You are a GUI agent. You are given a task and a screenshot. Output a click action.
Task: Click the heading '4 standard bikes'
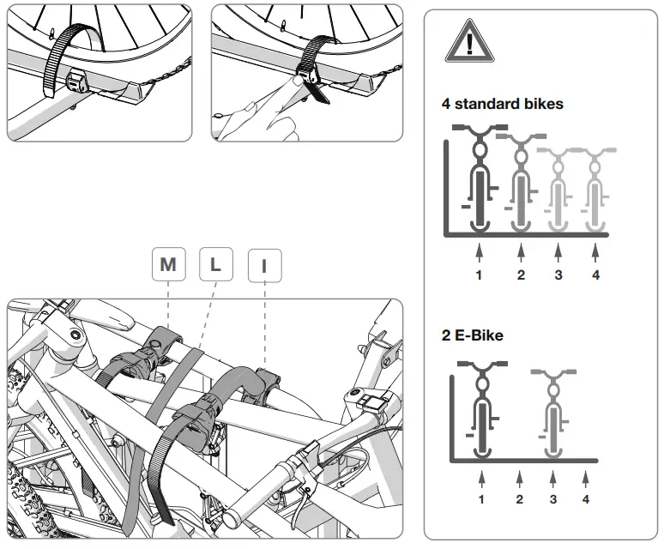pos(502,104)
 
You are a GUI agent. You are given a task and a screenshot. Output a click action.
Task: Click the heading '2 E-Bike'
pos(472,335)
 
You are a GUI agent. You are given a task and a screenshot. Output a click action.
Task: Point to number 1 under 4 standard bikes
pos(479,275)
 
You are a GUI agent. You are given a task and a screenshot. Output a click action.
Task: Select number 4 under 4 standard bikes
pos(595,275)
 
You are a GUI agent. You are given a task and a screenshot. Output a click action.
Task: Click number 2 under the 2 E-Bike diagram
pos(519,499)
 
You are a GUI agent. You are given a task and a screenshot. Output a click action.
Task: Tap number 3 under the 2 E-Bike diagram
pos(553,499)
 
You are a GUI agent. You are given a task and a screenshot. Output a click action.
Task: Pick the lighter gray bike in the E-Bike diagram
pos(553,412)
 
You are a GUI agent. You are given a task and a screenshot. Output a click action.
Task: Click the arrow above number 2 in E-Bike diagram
pos(519,477)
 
